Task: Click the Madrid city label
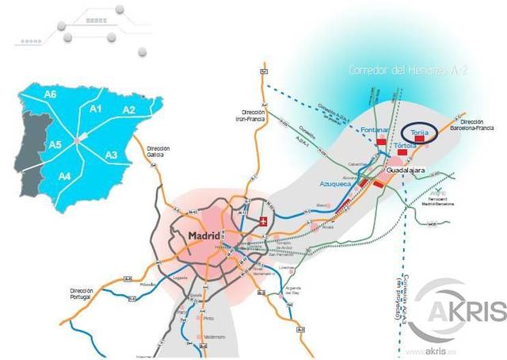pos(209,236)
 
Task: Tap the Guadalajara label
pos(408,170)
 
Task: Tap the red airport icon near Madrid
pos(265,219)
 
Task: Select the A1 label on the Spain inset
pos(97,109)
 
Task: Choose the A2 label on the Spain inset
pos(128,109)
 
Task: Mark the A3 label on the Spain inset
pos(112,155)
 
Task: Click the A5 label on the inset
pos(55,145)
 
